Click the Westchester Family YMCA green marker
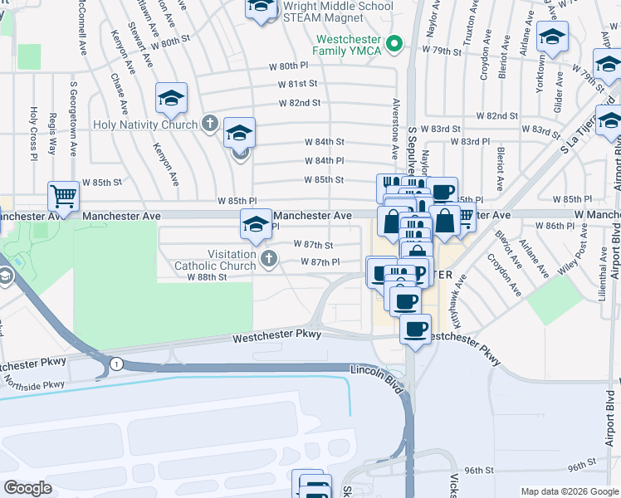[x=396, y=43]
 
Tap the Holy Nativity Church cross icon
[x=209, y=124]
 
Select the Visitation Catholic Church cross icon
[x=267, y=260]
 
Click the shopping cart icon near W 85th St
[x=63, y=196]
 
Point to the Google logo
[x=28, y=487]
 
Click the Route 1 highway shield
[x=116, y=364]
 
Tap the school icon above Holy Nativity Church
[x=171, y=98]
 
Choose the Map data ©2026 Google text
[x=569, y=491]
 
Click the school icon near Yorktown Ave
[x=552, y=37]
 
